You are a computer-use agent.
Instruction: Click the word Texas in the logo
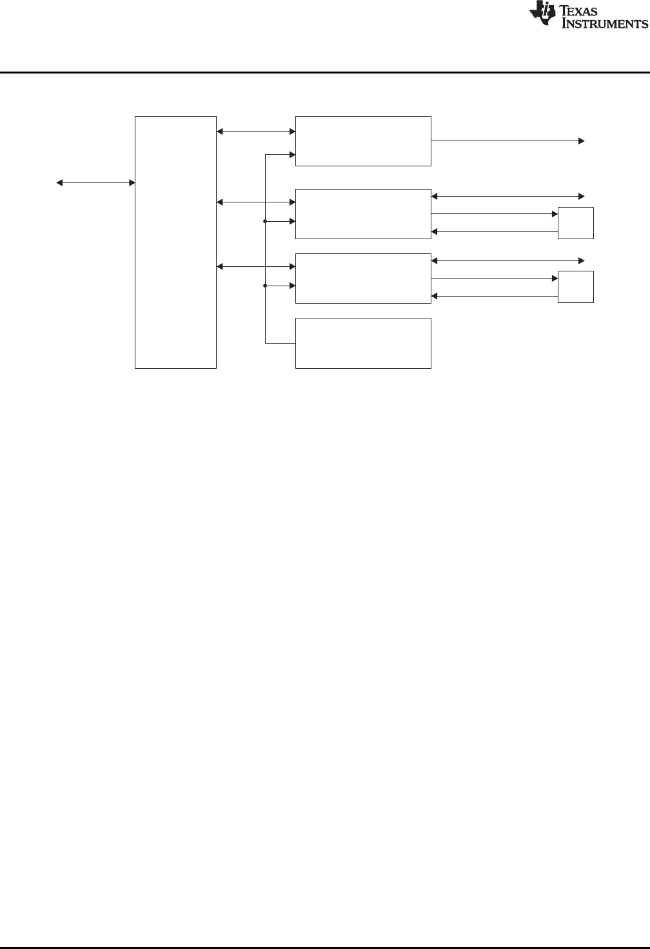(585, 12)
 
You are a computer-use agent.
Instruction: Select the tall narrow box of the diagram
(175, 242)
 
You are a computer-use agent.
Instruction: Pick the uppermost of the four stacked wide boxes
(363, 141)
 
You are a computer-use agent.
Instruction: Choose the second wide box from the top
(363, 213)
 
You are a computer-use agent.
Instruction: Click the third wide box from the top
(363, 278)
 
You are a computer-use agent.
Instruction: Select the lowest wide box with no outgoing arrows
(363, 342)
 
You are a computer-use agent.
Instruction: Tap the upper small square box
(575, 223)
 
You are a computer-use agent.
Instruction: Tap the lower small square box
(575, 287)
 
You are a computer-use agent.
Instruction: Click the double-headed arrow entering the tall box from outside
(95, 183)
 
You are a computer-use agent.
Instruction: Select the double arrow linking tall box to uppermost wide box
(255, 132)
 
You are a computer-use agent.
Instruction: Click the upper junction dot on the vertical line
(266, 222)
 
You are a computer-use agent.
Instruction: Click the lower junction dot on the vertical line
(266, 286)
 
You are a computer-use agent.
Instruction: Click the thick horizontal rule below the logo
(325, 72)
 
